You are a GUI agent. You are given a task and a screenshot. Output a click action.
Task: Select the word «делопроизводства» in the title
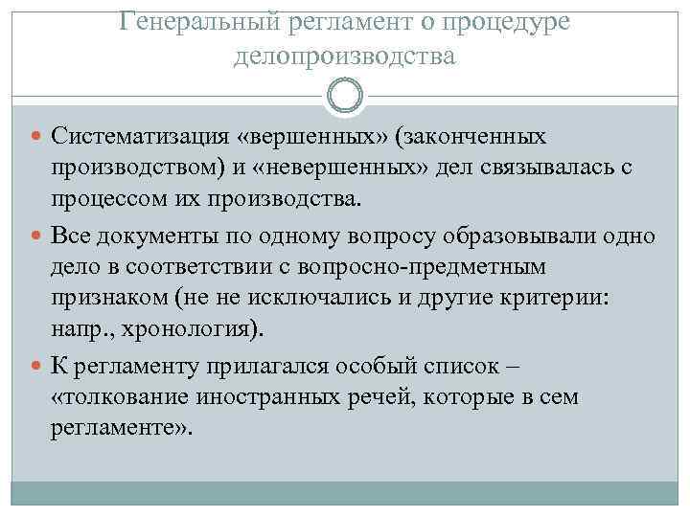[344, 56]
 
